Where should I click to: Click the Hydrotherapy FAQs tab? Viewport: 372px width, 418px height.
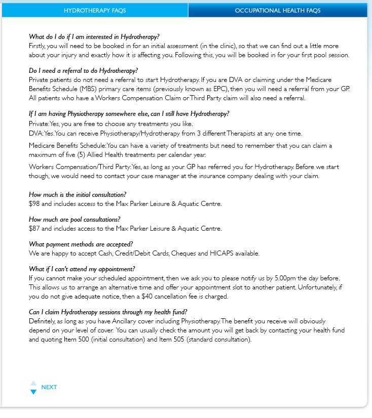(x=95, y=10)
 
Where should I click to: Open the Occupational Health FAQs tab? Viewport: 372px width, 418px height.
(x=277, y=10)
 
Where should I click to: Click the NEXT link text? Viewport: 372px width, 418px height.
(x=49, y=387)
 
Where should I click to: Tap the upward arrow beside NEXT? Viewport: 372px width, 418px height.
(x=33, y=383)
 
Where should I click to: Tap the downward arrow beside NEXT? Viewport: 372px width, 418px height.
(x=33, y=392)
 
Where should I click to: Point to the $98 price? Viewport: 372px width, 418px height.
(x=34, y=204)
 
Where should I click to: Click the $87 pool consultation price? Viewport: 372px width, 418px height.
(x=34, y=228)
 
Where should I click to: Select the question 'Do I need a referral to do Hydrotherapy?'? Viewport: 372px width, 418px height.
(x=84, y=71)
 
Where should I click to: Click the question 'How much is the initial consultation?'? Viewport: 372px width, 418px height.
(x=78, y=195)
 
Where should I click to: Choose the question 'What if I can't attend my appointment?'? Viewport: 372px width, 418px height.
(x=82, y=269)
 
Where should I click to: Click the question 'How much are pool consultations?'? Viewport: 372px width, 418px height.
(x=75, y=219)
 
